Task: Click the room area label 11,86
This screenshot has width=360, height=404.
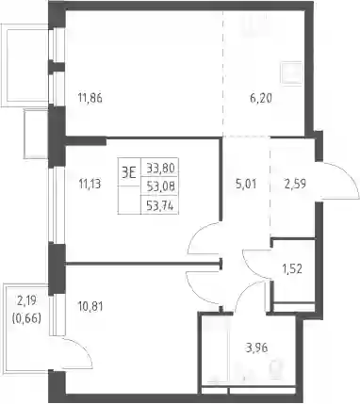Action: click(90, 99)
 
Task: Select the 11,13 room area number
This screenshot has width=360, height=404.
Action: click(90, 184)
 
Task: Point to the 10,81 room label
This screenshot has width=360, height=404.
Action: click(90, 306)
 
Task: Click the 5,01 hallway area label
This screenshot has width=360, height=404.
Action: click(246, 184)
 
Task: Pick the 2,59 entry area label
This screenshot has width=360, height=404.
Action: click(294, 184)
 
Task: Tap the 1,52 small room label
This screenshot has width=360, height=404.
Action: click(292, 268)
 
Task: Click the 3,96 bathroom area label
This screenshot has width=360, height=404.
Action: click(257, 347)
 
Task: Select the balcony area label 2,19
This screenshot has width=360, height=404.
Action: click(27, 301)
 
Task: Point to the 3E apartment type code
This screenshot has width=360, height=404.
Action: click(129, 172)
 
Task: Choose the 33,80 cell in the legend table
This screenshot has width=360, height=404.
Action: click(160, 169)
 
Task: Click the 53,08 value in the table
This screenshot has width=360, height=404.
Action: click(160, 187)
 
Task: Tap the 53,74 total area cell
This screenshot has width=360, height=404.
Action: click(160, 206)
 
